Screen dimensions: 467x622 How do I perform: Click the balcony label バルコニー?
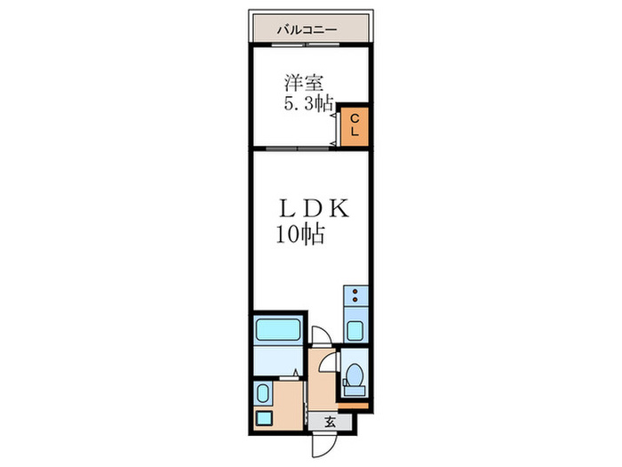click(307, 29)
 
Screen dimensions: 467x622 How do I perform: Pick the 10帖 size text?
click(298, 236)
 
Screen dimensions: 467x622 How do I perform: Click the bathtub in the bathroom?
click(279, 332)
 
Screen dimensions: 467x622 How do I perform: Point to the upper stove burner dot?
click(355, 292)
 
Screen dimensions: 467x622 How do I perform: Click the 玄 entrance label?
click(328, 421)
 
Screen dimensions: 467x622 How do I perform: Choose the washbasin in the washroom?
click(262, 392)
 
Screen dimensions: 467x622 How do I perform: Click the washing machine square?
click(263, 417)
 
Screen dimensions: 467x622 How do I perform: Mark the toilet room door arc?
click(329, 363)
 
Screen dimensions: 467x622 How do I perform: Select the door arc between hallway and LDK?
click(320, 336)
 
